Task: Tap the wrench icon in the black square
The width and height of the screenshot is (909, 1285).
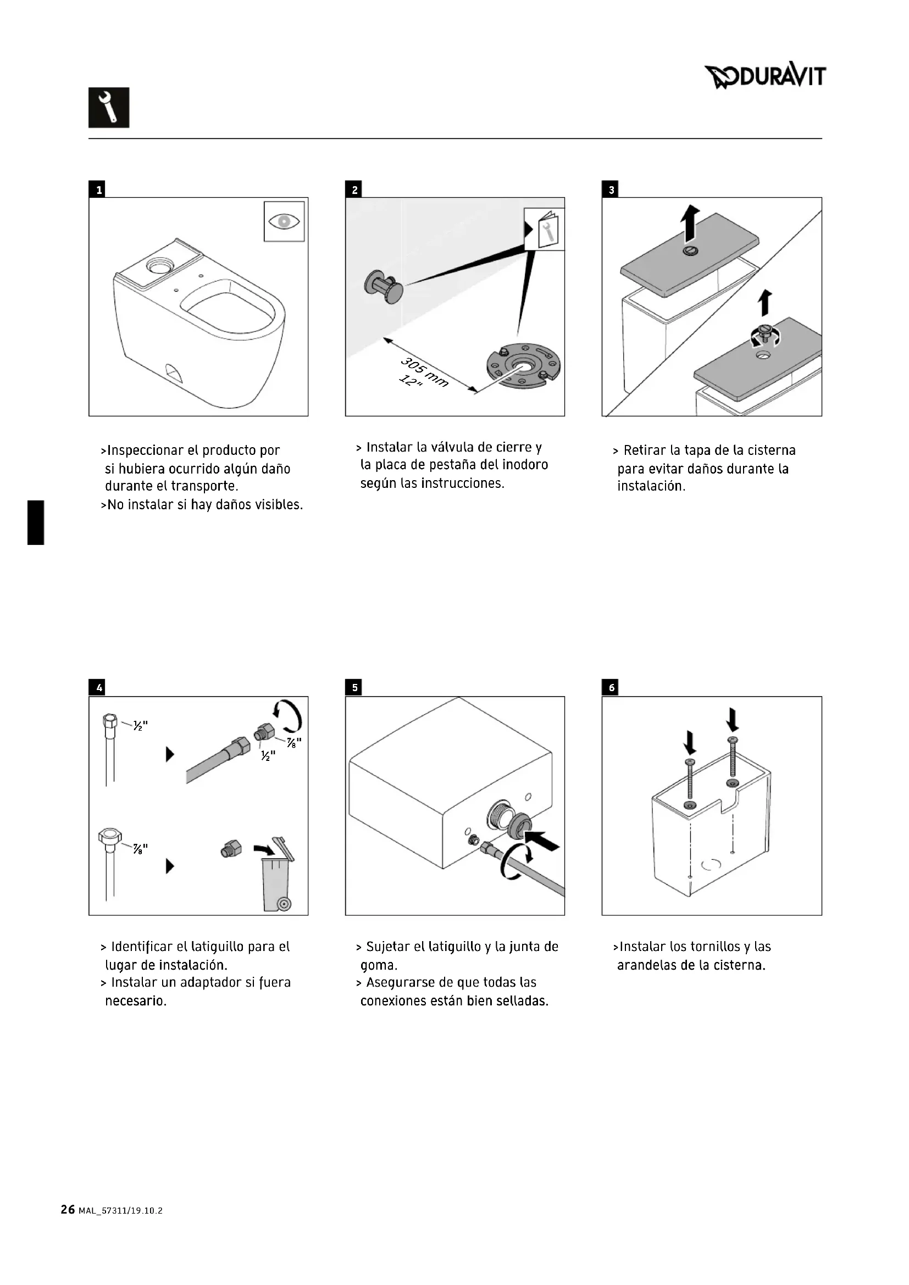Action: pos(109,108)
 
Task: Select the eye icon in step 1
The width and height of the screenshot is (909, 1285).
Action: pos(284,221)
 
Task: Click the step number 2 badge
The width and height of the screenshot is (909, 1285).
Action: pos(354,190)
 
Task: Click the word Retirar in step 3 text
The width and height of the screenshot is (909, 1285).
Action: pos(644,450)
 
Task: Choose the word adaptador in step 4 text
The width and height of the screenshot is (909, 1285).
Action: pos(210,982)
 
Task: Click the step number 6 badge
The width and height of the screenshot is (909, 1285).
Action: pos(611,688)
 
